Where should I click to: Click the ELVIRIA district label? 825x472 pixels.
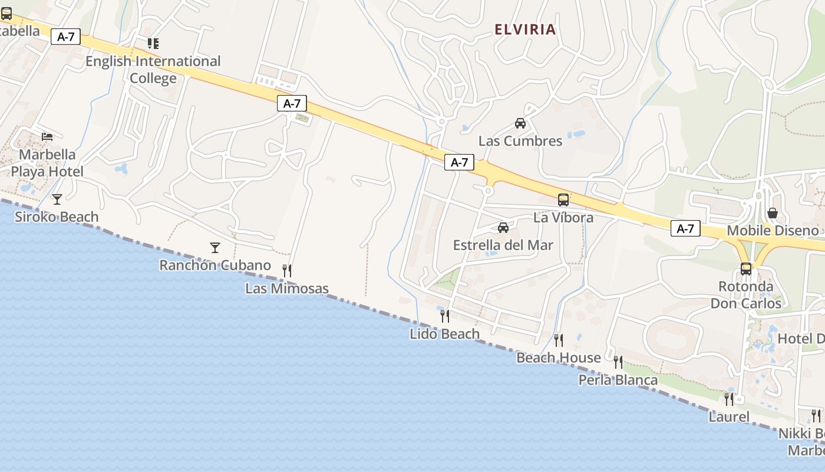(525, 29)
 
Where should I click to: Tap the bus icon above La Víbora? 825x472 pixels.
(563, 200)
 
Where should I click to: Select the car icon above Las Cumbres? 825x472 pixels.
(520, 123)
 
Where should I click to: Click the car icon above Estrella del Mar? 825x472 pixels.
(503, 228)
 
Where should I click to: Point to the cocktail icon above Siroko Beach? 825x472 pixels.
(57, 199)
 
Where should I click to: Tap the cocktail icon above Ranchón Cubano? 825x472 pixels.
(215, 248)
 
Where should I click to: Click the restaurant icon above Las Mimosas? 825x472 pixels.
(287, 271)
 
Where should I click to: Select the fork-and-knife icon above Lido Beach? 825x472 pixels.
(445, 316)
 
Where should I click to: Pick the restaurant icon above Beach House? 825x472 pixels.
(558, 340)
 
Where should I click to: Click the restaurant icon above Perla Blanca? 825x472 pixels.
(618, 362)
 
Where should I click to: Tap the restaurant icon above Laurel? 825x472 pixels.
(729, 399)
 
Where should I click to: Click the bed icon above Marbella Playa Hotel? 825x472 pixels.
(47, 137)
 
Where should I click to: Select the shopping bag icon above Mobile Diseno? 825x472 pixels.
(773, 213)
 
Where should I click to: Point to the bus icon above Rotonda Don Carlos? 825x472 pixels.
(746, 269)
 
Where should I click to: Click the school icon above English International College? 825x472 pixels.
(153, 44)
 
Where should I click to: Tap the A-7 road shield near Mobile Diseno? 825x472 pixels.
(685, 229)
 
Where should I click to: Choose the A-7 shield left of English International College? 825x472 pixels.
(65, 37)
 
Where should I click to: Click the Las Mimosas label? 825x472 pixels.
(287, 289)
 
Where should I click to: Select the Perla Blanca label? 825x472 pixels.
(618, 380)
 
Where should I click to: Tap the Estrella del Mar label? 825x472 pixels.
(503, 245)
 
